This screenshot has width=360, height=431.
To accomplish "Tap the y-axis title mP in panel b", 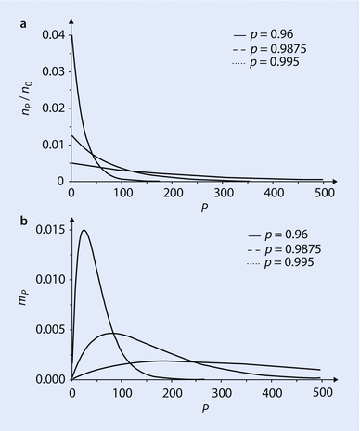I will click(17, 302).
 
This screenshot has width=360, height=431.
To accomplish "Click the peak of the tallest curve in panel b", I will click(84, 231).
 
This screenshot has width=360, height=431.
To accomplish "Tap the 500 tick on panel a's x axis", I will click(320, 195).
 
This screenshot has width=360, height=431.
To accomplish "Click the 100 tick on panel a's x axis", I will click(122, 195).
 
